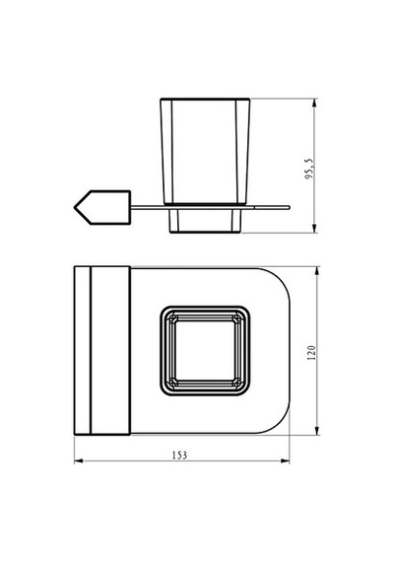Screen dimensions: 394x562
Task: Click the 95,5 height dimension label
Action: [310, 170]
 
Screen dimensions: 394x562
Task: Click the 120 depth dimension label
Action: [311, 353]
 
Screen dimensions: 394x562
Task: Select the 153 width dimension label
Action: [179, 456]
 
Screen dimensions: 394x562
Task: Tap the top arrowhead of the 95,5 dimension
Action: [314, 103]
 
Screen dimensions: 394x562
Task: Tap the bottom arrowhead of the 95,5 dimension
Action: [314, 229]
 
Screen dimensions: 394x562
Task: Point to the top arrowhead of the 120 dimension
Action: [316, 271]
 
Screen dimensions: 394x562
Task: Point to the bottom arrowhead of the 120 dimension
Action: [316, 430]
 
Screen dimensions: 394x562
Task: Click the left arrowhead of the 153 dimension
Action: [79, 460]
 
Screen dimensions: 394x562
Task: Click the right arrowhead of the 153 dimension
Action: [285, 460]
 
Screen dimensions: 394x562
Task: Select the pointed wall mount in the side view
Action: [102, 207]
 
